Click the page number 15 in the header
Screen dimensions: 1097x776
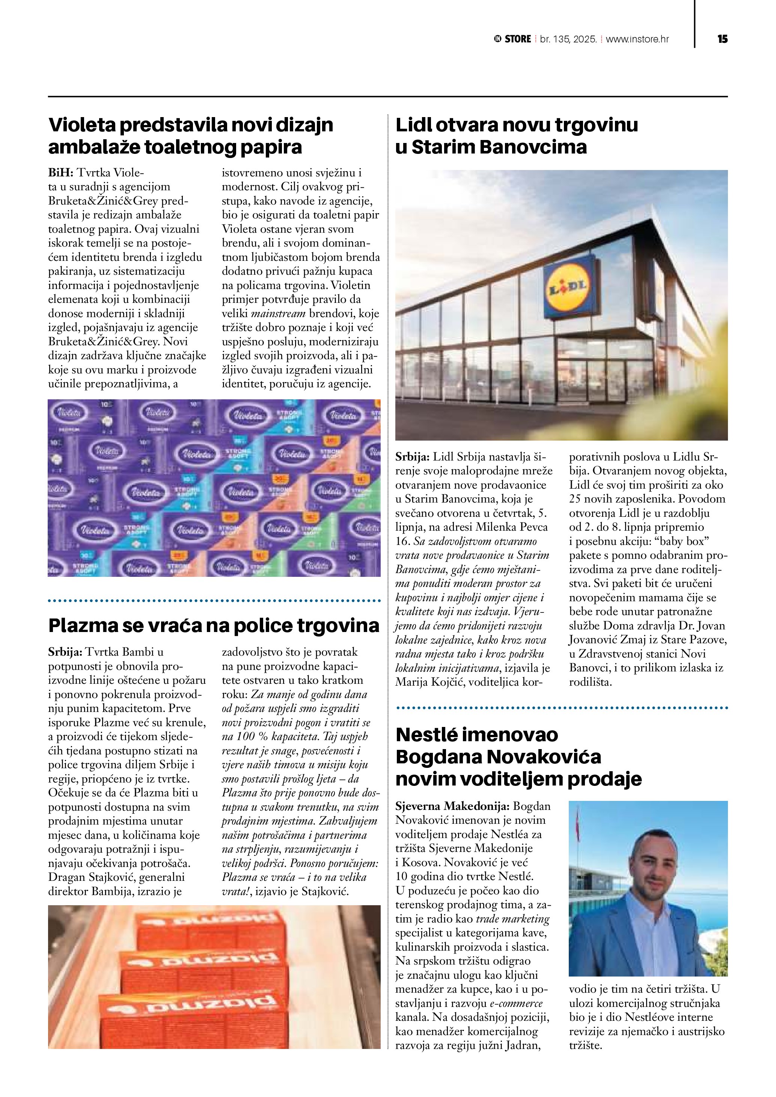(x=722, y=39)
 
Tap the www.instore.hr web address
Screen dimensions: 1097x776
(x=637, y=39)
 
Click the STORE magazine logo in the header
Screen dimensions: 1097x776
(x=513, y=39)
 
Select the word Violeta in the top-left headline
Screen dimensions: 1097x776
(x=83, y=125)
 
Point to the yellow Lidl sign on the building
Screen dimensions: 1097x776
(x=570, y=287)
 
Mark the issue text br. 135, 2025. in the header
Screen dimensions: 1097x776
(x=568, y=39)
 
